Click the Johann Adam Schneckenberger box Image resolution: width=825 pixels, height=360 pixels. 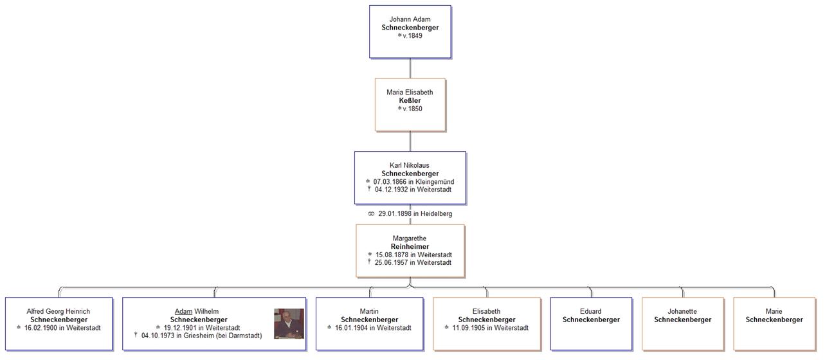pos(410,32)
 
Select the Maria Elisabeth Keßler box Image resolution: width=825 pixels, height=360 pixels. pos(410,105)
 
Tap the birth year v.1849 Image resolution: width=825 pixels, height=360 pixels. pos(412,36)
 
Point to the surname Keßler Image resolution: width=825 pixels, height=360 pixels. pos(410,101)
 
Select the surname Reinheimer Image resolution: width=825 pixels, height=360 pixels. pos(410,247)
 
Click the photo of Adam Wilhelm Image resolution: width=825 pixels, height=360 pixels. pos(289,323)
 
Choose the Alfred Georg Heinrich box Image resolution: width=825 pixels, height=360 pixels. pos(59,323)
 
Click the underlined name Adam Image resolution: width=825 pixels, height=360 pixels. pos(183,312)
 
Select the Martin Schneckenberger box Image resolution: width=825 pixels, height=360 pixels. pos(369,323)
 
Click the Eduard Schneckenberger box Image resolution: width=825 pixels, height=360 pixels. pos(591,323)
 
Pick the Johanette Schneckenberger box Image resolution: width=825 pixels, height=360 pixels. pos(682,323)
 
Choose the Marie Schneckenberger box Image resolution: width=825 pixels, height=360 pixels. pos(774,323)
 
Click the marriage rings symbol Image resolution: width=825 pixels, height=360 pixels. pos(371,214)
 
